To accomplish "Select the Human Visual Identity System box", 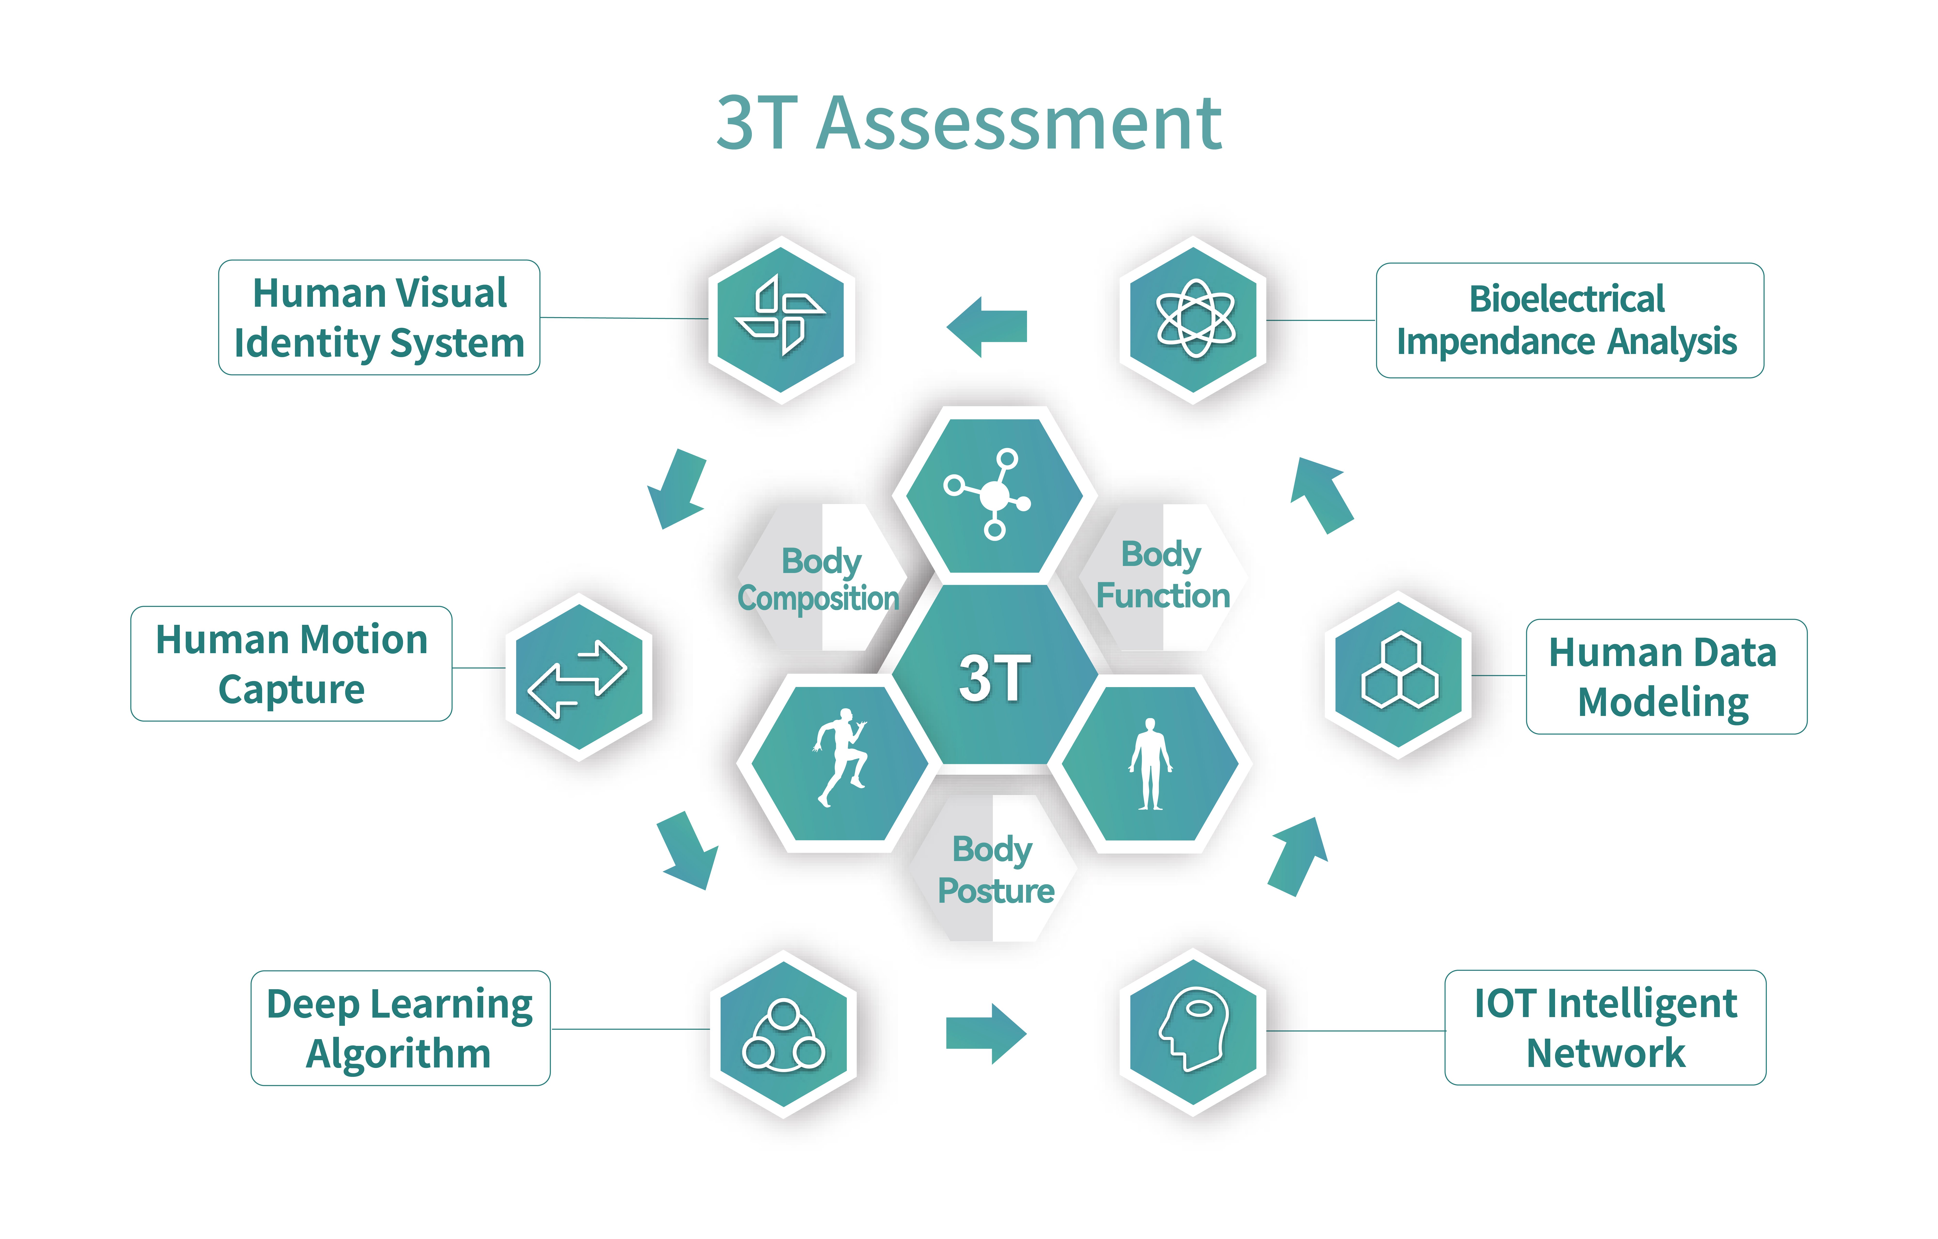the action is tap(379, 317).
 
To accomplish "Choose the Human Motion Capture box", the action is tap(291, 663).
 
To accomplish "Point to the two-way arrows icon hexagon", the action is tap(579, 677).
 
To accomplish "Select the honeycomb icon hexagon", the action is tap(1398, 675).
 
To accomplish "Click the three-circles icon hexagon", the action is tap(783, 1034).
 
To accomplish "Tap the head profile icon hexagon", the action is tap(1193, 1032).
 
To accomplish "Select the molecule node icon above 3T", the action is tap(987, 494).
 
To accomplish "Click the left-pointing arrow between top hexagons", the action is tap(987, 326).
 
